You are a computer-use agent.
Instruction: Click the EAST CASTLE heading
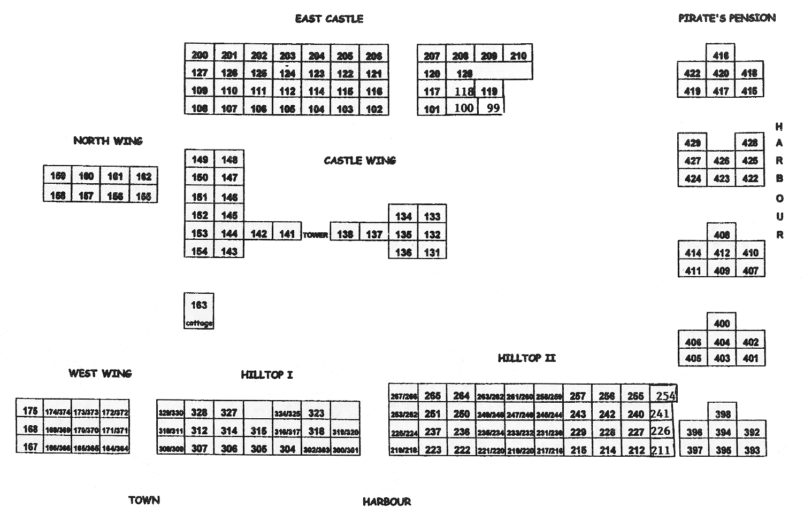(329, 19)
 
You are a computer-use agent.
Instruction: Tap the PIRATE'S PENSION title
(726, 18)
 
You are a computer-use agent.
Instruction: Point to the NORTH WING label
(108, 141)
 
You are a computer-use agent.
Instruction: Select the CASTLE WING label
(359, 160)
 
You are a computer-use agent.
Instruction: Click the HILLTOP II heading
(526, 358)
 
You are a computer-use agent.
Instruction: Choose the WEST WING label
(100, 373)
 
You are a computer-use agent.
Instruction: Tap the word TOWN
(144, 501)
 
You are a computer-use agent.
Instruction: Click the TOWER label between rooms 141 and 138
(316, 234)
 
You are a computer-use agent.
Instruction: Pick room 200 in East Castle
(200, 55)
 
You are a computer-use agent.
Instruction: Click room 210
(518, 55)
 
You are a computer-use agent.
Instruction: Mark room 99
(493, 108)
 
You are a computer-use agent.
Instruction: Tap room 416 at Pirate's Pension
(721, 55)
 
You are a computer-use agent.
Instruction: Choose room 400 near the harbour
(722, 323)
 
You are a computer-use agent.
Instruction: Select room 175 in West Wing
(30, 411)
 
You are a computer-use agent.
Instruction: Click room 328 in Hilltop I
(199, 412)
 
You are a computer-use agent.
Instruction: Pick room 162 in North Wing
(143, 176)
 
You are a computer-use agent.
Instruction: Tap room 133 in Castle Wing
(432, 216)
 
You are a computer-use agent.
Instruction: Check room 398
(723, 414)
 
